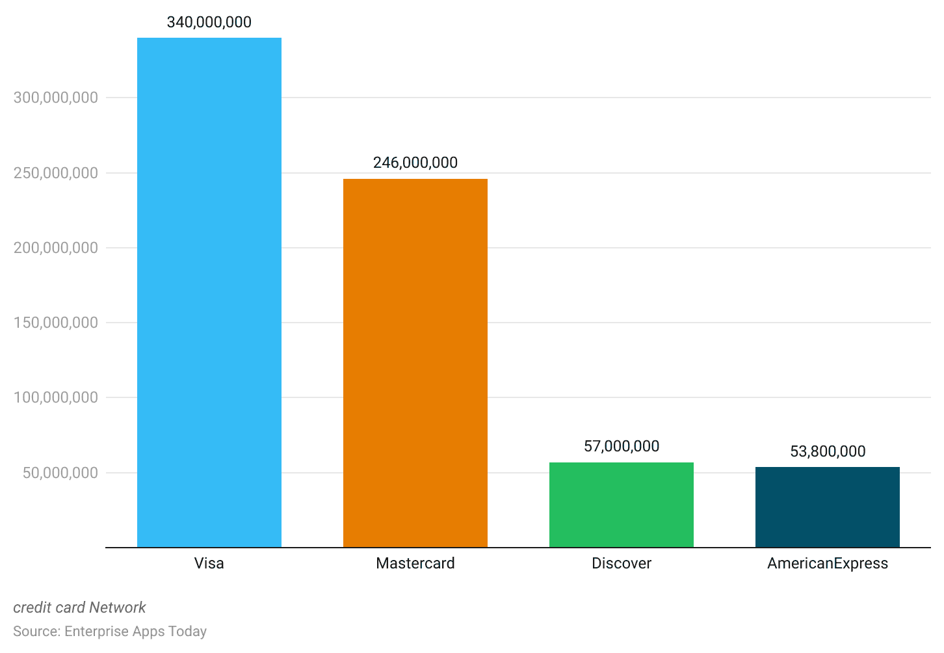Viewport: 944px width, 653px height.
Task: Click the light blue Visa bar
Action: [x=209, y=293]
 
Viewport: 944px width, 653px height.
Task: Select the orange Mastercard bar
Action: [x=415, y=363]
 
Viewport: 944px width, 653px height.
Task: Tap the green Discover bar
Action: [x=621, y=505]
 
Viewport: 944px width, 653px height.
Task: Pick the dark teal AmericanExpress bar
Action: [x=827, y=507]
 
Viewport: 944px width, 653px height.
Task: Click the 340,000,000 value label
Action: [x=209, y=22]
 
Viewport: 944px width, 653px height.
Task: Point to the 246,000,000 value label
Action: [x=415, y=163]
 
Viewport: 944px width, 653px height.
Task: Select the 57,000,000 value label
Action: [x=621, y=446]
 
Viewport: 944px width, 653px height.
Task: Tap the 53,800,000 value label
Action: [x=827, y=451]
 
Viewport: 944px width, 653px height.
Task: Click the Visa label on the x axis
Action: [x=209, y=563]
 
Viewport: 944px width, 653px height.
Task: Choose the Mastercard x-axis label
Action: [x=415, y=563]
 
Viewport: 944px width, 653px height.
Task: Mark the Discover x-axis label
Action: [x=621, y=563]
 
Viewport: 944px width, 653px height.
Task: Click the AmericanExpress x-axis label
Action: [x=827, y=563]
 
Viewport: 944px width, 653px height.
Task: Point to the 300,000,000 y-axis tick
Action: [x=56, y=98]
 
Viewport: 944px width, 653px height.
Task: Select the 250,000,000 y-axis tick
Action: [x=56, y=173]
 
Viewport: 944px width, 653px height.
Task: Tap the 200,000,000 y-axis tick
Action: [x=56, y=248]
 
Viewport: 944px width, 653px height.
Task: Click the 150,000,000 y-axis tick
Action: [x=56, y=323]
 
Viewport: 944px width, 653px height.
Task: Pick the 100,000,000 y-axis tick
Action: [x=56, y=397]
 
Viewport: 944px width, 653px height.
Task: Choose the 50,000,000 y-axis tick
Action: [x=60, y=473]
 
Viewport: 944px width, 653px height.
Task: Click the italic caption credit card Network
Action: [x=79, y=607]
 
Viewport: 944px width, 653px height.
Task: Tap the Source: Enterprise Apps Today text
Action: [x=110, y=632]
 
